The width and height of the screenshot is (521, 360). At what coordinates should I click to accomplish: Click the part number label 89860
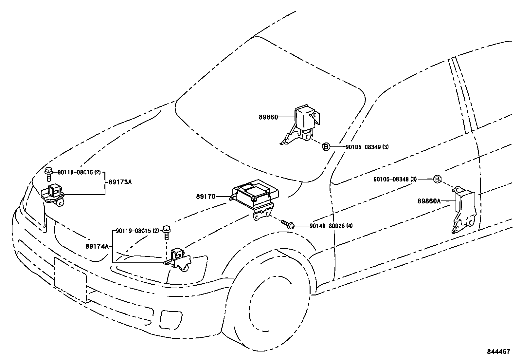pyautogui.click(x=268, y=117)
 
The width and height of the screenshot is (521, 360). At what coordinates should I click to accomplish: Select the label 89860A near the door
pyautogui.click(x=429, y=201)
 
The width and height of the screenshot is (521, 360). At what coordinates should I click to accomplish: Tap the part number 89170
pyautogui.click(x=206, y=197)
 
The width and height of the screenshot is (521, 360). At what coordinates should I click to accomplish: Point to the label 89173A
pyautogui.click(x=119, y=182)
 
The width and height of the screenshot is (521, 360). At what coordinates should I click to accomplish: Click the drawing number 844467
pyautogui.click(x=498, y=352)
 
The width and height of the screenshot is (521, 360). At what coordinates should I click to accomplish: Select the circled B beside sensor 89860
pyautogui.click(x=326, y=147)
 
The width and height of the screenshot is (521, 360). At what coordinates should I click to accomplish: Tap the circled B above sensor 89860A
pyautogui.click(x=437, y=179)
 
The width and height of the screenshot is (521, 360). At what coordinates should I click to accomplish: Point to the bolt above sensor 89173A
pyautogui.click(x=49, y=173)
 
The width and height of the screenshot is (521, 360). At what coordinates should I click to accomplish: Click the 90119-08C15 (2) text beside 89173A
pyautogui.click(x=79, y=172)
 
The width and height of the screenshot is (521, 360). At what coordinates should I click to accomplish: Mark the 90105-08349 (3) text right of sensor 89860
pyautogui.click(x=367, y=147)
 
